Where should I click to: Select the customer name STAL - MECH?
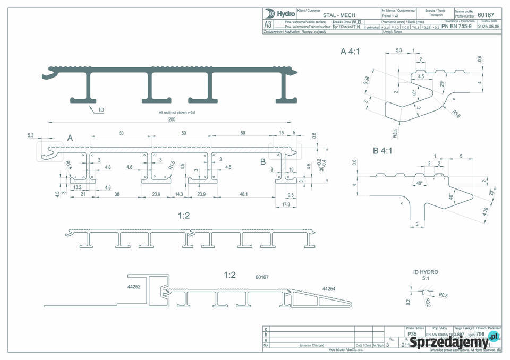[x=341, y=15]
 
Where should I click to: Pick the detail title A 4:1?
[x=351, y=52]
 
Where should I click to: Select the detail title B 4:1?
[x=384, y=151]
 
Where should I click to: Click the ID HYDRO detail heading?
[x=426, y=272]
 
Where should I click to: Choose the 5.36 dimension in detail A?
[x=366, y=81]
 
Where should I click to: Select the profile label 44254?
[x=329, y=288]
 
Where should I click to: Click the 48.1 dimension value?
[x=244, y=194]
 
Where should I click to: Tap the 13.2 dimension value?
[x=76, y=187]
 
